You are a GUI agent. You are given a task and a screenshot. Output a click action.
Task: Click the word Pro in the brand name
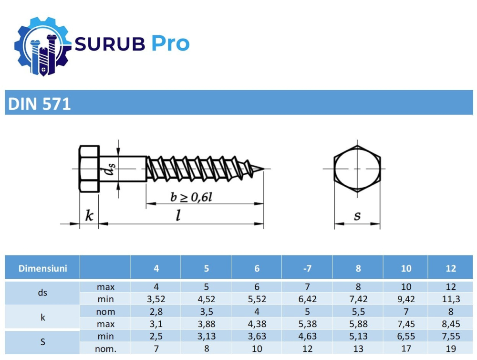tap(171, 44)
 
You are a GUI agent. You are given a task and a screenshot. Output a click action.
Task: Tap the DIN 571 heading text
tap(40, 104)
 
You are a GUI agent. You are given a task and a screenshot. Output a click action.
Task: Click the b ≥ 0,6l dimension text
tap(192, 196)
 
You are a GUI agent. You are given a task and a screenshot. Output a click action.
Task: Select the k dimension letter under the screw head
tap(89, 215)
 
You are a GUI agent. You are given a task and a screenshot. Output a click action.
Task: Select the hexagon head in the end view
tap(357, 169)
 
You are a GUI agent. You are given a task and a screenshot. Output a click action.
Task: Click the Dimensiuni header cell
tap(42, 268)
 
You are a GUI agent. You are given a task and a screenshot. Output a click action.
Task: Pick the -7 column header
tap(307, 268)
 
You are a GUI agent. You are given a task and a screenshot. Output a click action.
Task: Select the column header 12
tap(451, 268)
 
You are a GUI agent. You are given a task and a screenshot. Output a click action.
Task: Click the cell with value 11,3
tap(451, 299)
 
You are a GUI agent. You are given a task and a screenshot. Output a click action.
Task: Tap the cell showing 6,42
tap(307, 299)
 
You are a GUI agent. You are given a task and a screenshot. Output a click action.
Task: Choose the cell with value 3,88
tap(206, 324)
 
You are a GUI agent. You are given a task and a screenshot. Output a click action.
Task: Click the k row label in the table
tap(42, 318)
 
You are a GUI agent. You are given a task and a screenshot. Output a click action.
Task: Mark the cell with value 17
tap(405, 349)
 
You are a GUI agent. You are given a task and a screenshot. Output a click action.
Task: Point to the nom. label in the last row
tap(105, 349)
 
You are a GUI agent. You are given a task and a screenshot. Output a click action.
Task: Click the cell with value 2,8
tap(156, 312)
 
